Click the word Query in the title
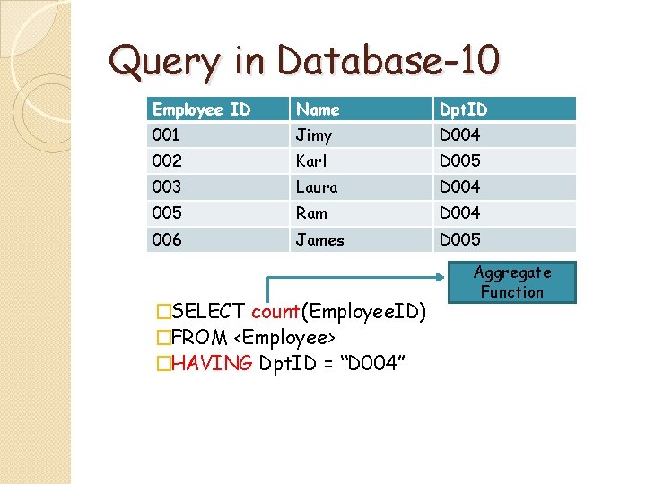[162, 62]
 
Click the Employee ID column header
[201, 109]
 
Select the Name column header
[319, 109]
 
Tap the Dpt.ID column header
[463, 109]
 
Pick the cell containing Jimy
[314, 135]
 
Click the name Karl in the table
[311, 161]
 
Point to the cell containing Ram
[311, 213]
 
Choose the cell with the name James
[319, 239]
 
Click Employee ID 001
[166, 135]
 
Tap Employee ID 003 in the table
[167, 187]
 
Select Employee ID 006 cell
[167, 239]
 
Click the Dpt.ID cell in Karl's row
[459, 161]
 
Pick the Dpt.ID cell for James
[459, 239]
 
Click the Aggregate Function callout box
[512, 281]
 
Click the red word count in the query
[275, 312]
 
